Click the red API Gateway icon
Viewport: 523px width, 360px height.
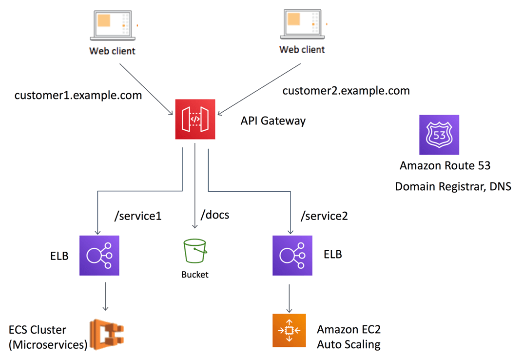coord(195,119)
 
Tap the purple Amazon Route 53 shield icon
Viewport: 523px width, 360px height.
coord(439,135)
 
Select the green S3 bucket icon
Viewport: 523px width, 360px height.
coord(195,251)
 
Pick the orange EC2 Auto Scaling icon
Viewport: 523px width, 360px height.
coord(289,330)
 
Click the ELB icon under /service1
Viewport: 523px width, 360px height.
coord(99,255)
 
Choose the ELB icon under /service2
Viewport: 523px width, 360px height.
coord(292,255)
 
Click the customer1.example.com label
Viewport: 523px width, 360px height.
coord(78,95)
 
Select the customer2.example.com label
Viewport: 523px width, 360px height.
coord(346,90)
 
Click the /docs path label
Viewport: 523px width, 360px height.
coord(215,215)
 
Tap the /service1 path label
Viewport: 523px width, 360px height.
coord(137,216)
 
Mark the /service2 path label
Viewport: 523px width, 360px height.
coord(324,216)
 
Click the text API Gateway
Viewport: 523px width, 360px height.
coord(273,120)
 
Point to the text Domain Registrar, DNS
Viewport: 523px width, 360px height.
coord(453,186)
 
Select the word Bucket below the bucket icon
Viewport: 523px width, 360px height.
coord(195,275)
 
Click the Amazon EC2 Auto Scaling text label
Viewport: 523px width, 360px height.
coord(349,337)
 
